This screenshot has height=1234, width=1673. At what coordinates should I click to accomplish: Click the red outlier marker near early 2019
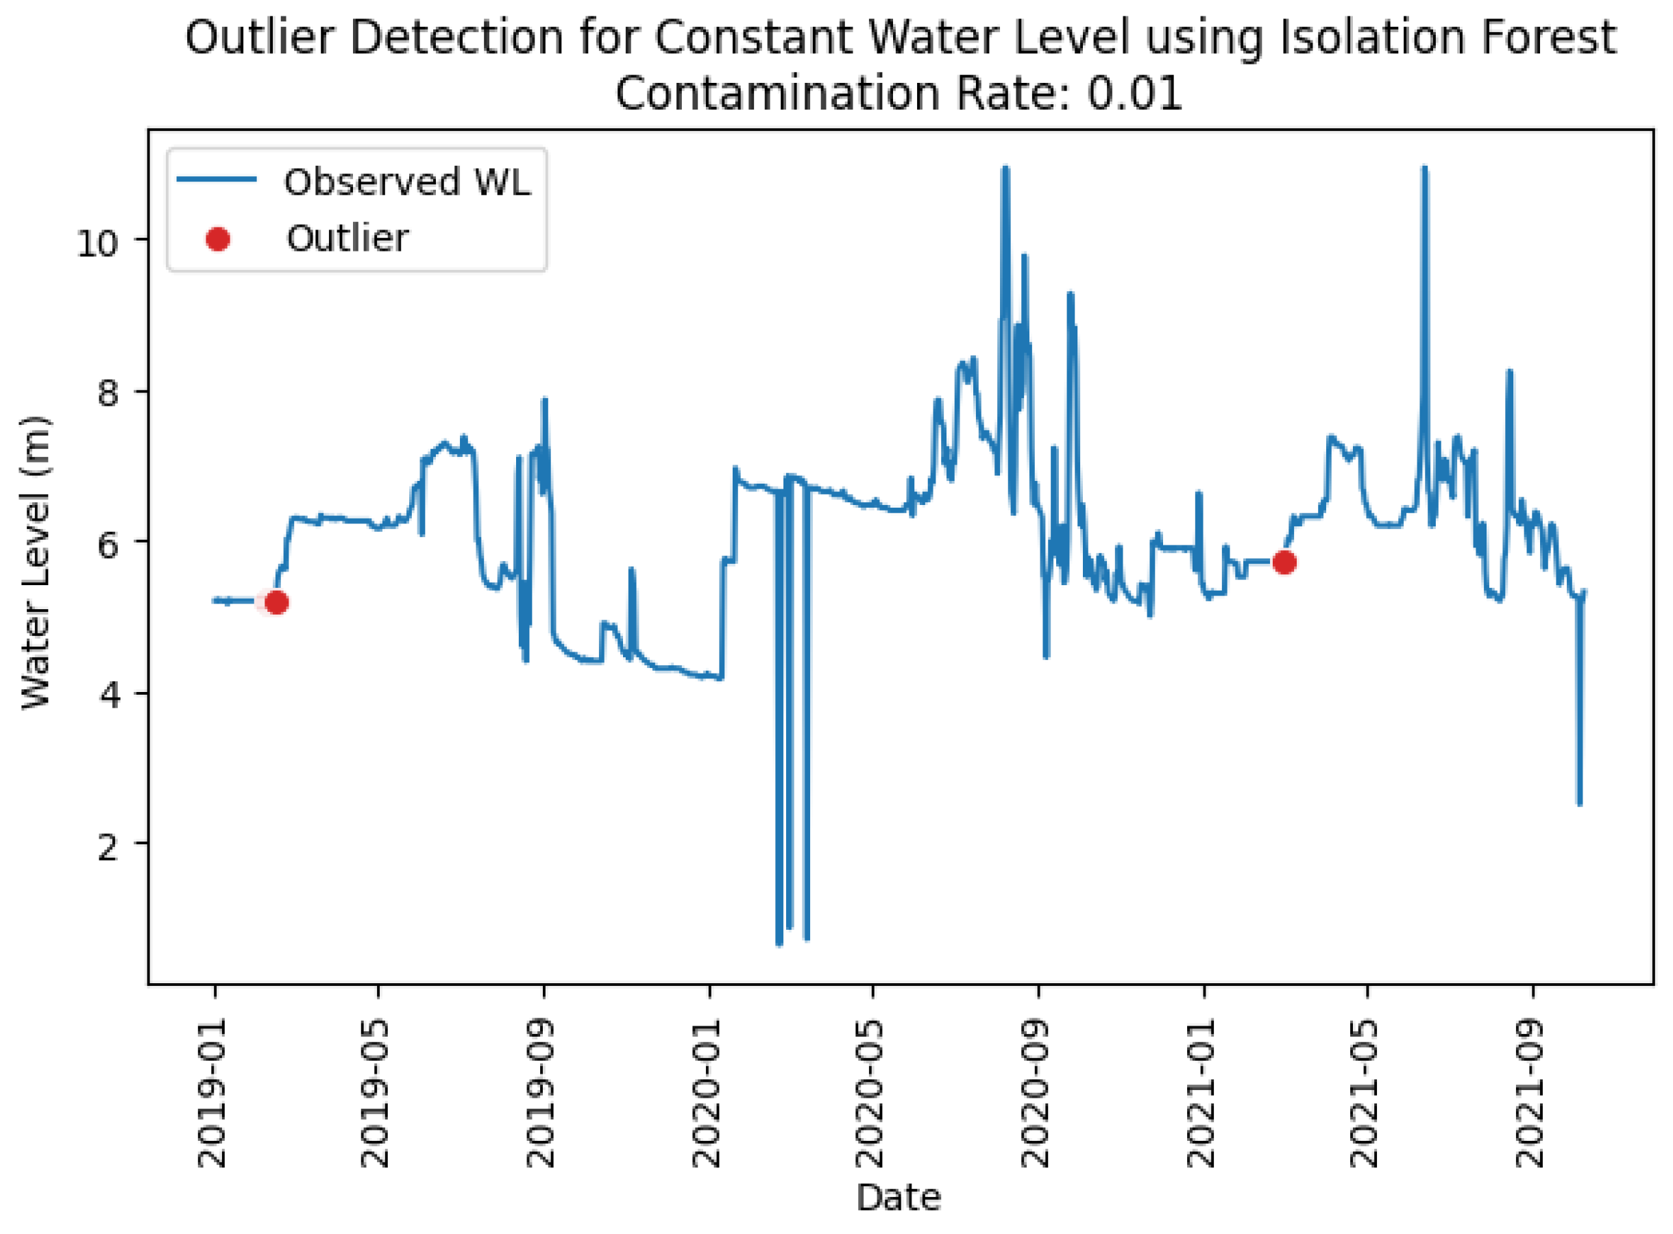[276, 602]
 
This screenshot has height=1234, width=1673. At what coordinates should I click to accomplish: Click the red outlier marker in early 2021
[1284, 563]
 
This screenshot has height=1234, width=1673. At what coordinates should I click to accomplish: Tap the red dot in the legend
[217, 239]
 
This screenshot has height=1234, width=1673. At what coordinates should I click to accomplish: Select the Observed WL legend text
[407, 182]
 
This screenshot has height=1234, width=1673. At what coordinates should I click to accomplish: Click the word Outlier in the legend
[347, 239]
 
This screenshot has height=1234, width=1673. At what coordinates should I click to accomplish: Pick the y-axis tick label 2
[108, 848]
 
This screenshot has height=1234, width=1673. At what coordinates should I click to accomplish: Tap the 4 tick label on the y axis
[108, 695]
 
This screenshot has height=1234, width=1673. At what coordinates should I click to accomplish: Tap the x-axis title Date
[898, 1198]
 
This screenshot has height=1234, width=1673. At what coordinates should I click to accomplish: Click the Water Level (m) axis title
[35, 562]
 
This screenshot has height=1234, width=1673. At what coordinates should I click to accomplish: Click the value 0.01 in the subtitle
[1134, 95]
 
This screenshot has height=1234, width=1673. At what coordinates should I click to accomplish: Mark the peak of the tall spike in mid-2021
[1424, 169]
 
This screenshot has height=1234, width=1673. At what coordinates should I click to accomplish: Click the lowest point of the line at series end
[1579, 804]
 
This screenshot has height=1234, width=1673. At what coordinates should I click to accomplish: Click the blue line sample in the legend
[217, 180]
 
